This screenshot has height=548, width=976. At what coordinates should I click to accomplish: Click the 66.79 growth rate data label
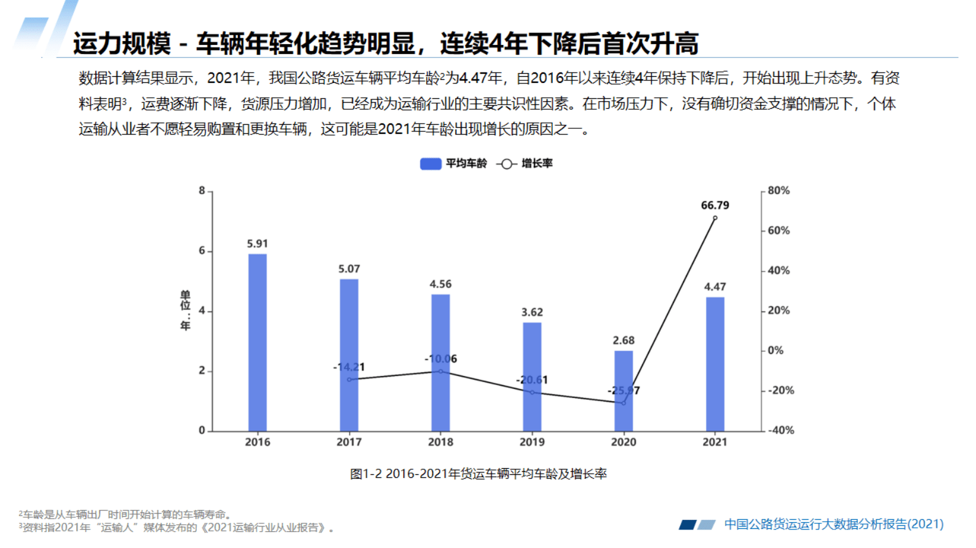715,205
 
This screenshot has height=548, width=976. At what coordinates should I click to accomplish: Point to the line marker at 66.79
715,218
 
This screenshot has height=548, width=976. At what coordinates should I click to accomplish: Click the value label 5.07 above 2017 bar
349,269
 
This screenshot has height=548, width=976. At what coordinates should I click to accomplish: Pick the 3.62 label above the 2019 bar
532,312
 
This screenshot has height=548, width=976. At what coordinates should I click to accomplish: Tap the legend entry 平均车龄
454,163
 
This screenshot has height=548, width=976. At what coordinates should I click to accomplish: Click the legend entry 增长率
525,163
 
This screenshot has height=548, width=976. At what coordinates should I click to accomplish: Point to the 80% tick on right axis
779,190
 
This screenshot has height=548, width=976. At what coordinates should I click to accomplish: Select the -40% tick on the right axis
781,430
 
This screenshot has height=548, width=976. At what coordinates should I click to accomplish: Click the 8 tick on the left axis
202,190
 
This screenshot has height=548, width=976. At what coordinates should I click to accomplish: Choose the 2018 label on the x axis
440,442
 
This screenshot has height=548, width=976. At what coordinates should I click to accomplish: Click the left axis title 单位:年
185,310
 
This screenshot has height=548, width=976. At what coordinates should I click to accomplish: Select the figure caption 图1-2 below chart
478,474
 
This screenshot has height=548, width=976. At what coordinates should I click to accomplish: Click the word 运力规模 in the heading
121,44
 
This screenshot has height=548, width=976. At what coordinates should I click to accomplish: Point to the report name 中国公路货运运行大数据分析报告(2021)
833,524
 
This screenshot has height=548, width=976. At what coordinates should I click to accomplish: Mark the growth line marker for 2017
349,380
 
